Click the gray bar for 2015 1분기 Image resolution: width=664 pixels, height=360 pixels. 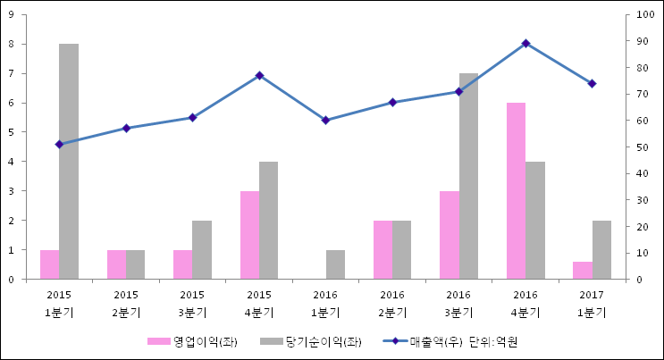[69, 161]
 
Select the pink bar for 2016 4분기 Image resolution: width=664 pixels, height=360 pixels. [516, 190]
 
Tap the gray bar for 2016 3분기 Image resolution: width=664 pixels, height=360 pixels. [468, 176]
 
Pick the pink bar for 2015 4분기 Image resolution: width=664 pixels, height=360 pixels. [249, 235]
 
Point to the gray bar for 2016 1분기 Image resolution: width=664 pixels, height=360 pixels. [335, 264]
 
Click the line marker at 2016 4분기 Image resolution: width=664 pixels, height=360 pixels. [525, 43]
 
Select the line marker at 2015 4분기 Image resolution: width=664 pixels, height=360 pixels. [259, 75]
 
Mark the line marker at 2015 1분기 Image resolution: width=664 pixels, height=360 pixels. [59, 144]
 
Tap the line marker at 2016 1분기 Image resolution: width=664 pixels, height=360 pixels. [325, 120]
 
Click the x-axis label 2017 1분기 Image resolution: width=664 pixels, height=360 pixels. [592, 304]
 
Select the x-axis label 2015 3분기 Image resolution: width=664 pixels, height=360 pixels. [192, 304]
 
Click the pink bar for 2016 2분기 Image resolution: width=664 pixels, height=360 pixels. [382, 249]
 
